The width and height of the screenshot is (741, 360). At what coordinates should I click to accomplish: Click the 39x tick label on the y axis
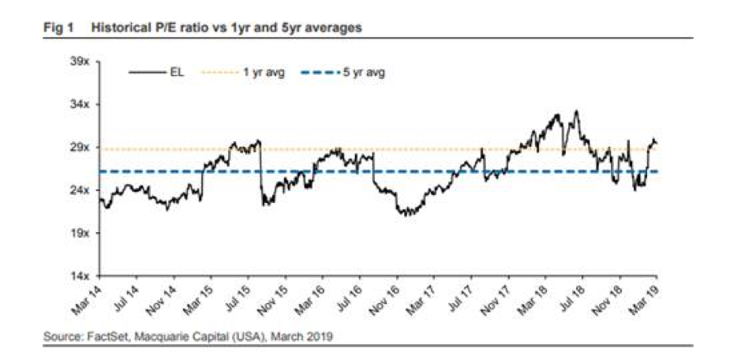pos(81,62)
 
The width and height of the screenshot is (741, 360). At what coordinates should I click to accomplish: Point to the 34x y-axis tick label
pos(81,104)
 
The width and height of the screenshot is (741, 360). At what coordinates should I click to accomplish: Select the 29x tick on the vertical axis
pos(81,148)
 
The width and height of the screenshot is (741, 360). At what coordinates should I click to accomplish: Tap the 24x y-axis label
pos(81,190)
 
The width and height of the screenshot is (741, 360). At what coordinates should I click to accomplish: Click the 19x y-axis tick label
pos(81,234)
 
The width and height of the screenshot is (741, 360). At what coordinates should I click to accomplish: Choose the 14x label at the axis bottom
pos(81,276)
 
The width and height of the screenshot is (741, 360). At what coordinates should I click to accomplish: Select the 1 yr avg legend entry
pos(261,73)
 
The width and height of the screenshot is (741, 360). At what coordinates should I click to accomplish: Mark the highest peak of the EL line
pos(577,111)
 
